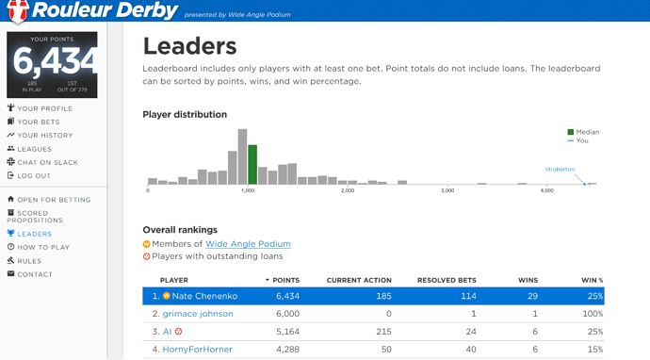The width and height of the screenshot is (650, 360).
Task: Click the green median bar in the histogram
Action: tap(252, 165)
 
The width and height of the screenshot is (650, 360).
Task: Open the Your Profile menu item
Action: tap(40, 108)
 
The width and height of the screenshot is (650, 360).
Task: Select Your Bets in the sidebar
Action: tap(33, 122)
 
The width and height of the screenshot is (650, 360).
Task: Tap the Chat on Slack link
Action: tap(42, 162)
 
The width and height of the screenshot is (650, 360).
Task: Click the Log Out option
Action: tap(28, 175)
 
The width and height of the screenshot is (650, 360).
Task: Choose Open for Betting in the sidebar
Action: tap(49, 200)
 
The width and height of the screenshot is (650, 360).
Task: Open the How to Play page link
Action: tap(38, 247)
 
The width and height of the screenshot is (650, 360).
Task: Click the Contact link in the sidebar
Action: tap(30, 274)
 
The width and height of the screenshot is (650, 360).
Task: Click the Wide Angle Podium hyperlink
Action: tap(248, 244)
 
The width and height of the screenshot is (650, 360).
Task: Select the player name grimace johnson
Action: tap(198, 314)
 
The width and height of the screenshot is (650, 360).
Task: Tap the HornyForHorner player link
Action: tap(197, 350)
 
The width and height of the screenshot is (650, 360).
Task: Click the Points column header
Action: tap(283, 281)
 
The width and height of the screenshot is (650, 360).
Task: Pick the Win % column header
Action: tap(592, 281)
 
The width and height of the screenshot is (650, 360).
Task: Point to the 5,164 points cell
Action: tap(287, 332)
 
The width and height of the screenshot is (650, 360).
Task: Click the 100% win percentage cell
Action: tap(593, 314)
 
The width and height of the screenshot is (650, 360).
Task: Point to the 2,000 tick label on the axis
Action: tap(348, 190)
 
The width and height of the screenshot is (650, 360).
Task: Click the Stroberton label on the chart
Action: tap(560, 170)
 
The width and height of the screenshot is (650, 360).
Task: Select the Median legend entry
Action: tap(583, 132)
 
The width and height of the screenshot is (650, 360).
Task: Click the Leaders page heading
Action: tap(190, 46)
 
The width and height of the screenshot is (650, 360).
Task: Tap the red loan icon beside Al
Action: tap(179, 332)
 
